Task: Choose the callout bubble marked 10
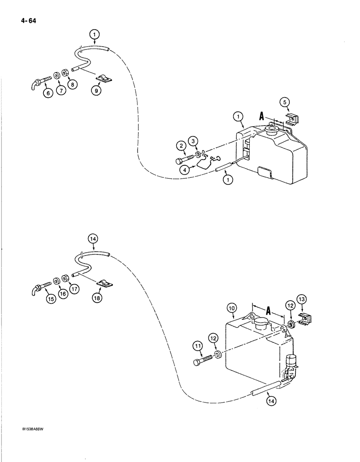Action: [232, 308]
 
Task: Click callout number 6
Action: [48, 93]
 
